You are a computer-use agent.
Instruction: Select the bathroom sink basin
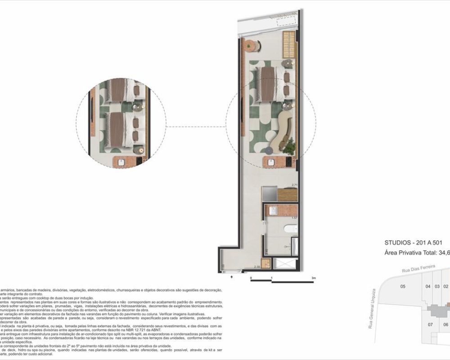(272, 211)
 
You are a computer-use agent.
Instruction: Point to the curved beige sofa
(284, 130)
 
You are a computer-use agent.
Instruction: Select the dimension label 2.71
(295, 185)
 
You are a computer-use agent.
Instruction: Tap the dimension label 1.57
(295, 218)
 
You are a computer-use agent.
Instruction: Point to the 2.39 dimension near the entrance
(256, 268)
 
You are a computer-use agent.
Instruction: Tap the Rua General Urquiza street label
(372, 315)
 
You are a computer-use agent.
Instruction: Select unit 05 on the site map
(403, 287)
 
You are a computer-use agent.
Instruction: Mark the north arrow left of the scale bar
(232, 278)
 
